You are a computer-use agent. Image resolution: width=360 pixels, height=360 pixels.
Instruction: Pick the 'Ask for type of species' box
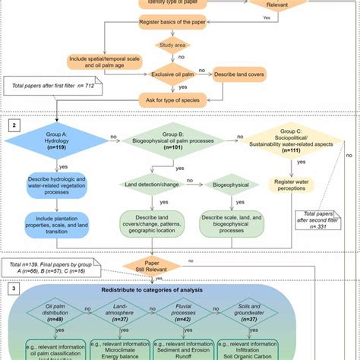[169, 99]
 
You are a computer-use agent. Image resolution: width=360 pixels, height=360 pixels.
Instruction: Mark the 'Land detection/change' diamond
[154, 184]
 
